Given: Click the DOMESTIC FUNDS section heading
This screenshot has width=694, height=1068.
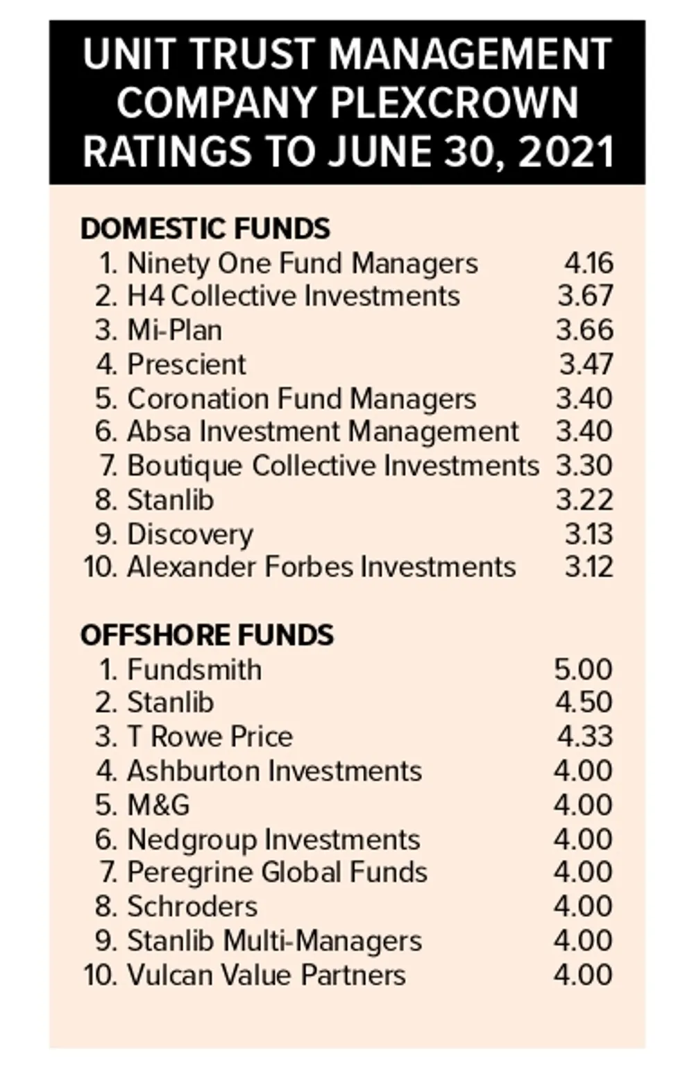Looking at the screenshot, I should [205, 229].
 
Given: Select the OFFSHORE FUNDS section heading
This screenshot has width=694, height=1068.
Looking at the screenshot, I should [207, 635].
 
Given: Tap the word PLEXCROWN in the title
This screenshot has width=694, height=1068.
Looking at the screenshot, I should [454, 103].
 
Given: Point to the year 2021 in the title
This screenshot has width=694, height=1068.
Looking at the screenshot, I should [566, 152].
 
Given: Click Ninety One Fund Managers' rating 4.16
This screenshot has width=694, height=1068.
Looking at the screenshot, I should [589, 264].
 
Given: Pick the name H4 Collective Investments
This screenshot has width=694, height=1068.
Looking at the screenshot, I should [293, 296].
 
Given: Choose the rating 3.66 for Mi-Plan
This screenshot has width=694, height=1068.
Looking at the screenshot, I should [584, 330].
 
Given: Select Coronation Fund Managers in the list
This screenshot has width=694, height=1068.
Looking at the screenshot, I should [301, 399].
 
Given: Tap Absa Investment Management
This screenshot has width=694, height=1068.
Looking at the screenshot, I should [323, 431].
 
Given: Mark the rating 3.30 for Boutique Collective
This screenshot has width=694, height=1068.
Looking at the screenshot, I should [584, 465].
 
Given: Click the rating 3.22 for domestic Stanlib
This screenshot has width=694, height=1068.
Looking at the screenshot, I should [584, 500].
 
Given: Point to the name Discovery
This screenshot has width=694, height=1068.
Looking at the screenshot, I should [190, 534].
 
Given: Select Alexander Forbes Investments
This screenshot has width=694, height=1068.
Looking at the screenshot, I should [321, 567].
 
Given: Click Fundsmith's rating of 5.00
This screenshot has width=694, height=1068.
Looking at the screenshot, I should [584, 670].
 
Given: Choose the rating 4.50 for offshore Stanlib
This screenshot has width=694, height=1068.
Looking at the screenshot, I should [584, 703].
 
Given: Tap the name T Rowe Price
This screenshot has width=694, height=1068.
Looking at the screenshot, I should [210, 737].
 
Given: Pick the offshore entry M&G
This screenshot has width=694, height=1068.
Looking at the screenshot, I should [158, 805].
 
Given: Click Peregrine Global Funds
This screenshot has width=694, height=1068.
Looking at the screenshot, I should [277, 872].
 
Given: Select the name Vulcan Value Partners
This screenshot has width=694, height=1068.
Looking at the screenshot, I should [266, 975].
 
